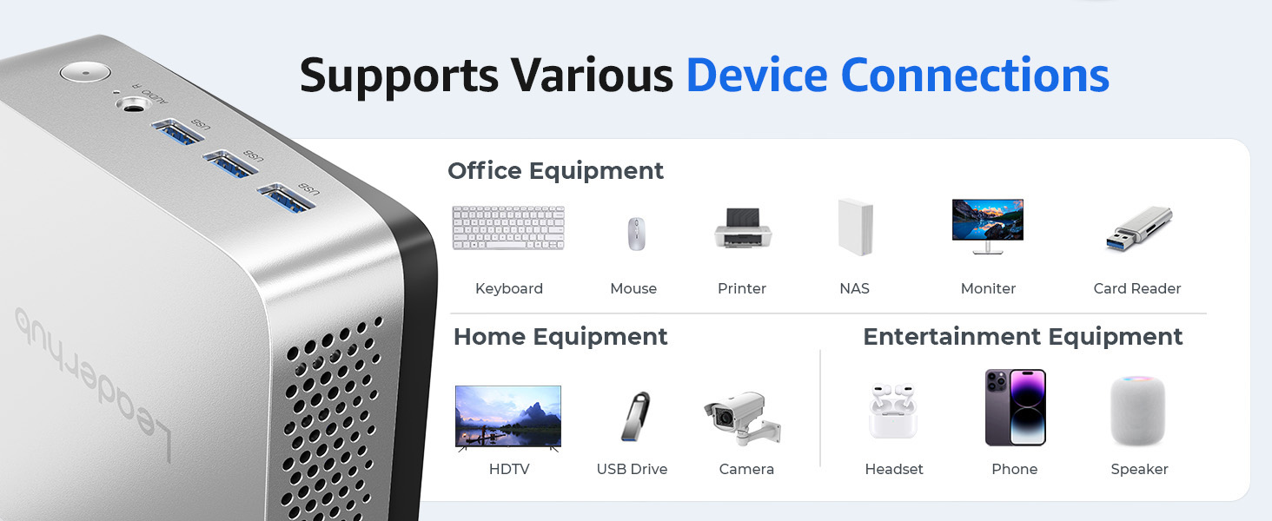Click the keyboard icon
click(508, 228)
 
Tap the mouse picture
click(636, 234)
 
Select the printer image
click(743, 228)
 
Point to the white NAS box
click(856, 227)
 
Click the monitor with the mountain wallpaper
click(988, 226)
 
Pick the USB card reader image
click(1138, 228)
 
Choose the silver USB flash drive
click(635, 416)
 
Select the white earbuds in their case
click(892, 411)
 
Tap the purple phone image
click(1016, 407)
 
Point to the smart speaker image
click(1138, 410)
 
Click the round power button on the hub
click(85, 73)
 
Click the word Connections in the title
click(975, 75)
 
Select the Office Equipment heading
click(555, 171)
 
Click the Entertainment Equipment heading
click(1023, 337)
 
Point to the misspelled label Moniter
click(988, 288)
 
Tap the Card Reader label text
click(1136, 288)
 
